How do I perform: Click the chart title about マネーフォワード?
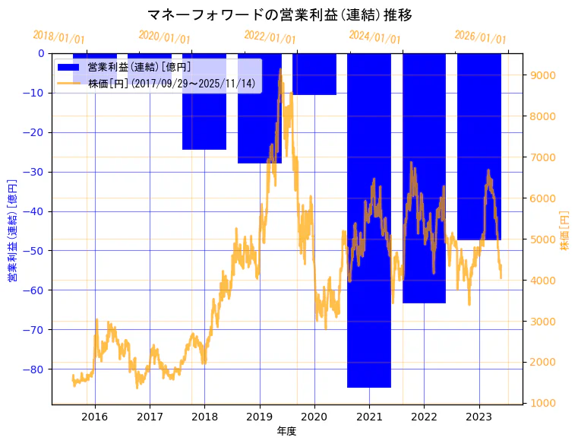(280, 15)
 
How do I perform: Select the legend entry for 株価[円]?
(172, 84)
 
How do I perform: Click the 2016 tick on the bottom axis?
(94, 417)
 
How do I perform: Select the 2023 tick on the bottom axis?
(479, 417)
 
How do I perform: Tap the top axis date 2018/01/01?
(59, 37)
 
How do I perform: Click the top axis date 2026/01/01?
(480, 37)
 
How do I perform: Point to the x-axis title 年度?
(286, 431)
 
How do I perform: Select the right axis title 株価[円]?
(564, 231)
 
